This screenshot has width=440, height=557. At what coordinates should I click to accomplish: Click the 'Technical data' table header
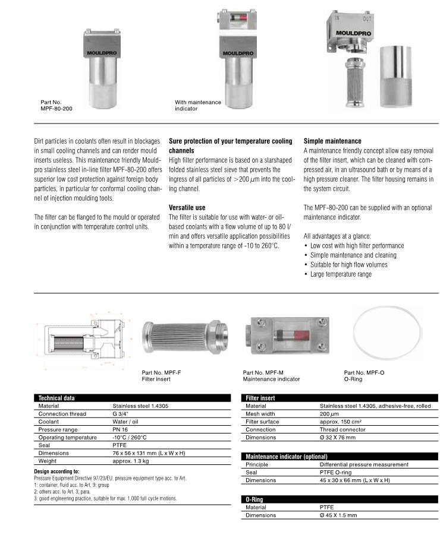[x=56, y=397]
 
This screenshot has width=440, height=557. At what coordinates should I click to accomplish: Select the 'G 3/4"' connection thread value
[x=123, y=413]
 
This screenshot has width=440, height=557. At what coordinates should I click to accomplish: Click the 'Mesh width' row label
[x=260, y=413]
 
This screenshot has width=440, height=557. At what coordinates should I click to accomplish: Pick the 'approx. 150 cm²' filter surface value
[x=344, y=422]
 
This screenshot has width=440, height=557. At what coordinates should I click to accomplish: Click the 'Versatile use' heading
[x=187, y=207]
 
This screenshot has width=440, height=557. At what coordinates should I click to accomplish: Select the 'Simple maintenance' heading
[x=332, y=141]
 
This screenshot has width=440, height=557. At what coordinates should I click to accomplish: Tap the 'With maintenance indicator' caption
[x=198, y=106]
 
